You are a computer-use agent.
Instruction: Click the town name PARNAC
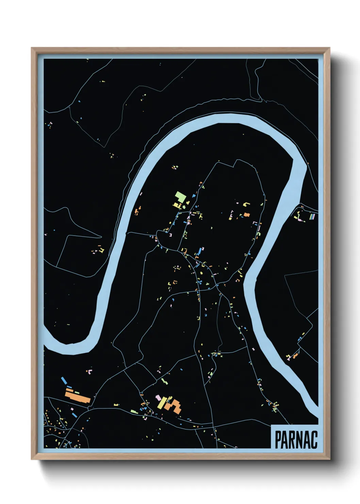[296, 439]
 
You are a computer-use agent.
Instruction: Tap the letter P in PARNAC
[278, 440]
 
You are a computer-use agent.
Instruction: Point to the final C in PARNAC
[314, 440]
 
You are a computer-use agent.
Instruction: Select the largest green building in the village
[180, 197]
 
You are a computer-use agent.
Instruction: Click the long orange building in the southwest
[78, 397]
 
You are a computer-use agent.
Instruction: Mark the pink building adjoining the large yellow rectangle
[158, 397]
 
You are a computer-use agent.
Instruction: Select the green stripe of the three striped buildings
[311, 216]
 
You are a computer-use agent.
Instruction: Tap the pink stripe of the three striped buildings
[313, 216]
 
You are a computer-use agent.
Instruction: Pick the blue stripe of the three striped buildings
[314, 216]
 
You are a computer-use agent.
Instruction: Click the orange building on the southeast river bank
[295, 356]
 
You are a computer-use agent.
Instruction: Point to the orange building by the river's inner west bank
[137, 212]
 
